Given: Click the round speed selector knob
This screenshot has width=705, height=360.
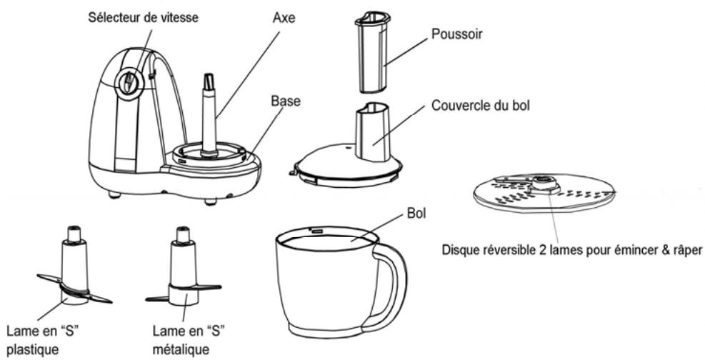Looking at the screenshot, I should (x=129, y=84).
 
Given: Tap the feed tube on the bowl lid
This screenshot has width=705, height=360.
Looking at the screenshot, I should (x=373, y=132).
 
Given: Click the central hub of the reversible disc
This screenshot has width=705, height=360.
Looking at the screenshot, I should (x=541, y=184).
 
